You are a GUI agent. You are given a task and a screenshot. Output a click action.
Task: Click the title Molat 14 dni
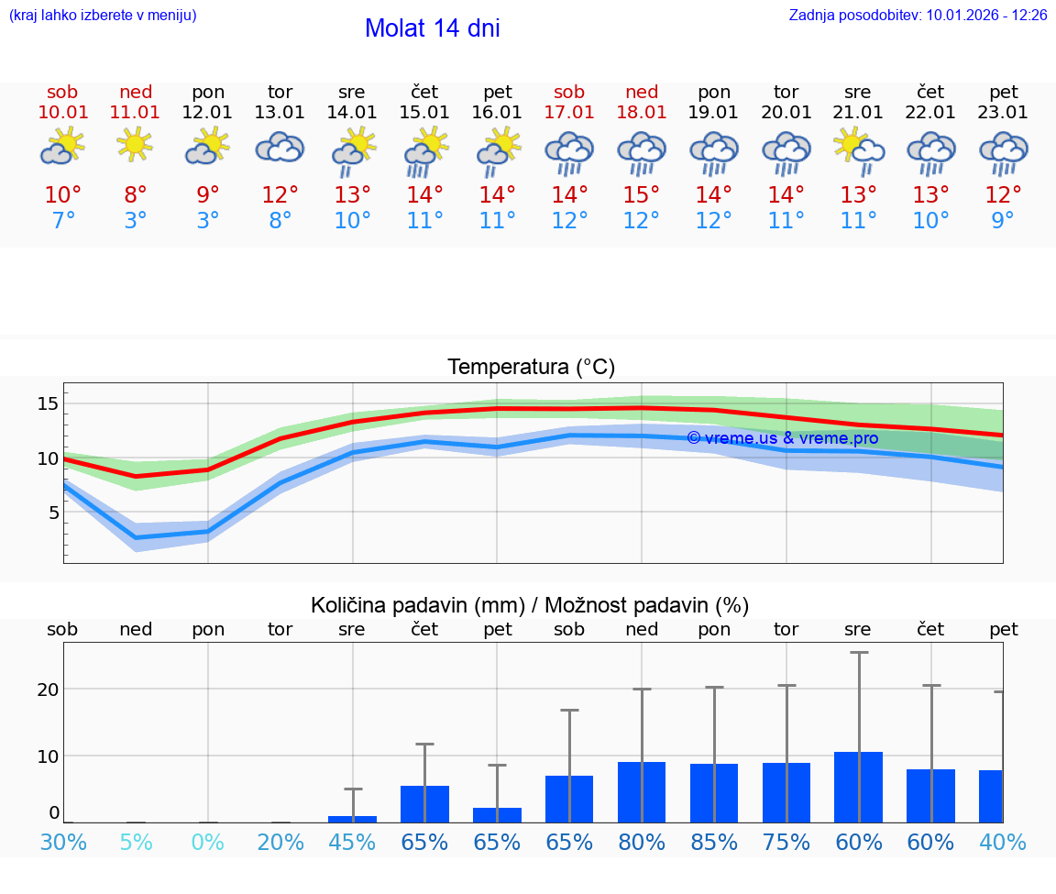click(432, 28)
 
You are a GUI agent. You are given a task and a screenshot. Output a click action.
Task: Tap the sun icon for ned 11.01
click(135, 144)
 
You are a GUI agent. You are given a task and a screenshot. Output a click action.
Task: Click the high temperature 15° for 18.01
click(642, 194)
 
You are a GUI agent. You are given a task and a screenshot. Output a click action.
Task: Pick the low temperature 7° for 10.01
click(63, 220)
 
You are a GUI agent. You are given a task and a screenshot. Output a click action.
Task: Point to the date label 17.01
click(569, 112)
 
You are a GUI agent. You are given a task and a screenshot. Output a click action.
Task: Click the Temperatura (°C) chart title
click(531, 368)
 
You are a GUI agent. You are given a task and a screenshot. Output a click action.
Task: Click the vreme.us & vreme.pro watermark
click(782, 438)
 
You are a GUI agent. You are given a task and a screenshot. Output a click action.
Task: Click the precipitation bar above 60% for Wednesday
click(858, 787)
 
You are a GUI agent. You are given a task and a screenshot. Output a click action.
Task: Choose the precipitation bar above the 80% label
click(642, 792)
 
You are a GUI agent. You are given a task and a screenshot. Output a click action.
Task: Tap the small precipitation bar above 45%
click(352, 819)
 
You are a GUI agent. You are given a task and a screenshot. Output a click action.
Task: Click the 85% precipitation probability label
click(714, 842)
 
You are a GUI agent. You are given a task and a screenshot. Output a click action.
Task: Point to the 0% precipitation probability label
click(208, 842)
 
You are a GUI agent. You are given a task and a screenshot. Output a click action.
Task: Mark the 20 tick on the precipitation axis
click(48, 690)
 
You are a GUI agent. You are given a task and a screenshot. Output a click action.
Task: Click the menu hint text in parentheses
click(102, 15)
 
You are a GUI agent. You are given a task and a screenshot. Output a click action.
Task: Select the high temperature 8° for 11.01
click(135, 194)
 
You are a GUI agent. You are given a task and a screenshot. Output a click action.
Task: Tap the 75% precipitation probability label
click(786, 842)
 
